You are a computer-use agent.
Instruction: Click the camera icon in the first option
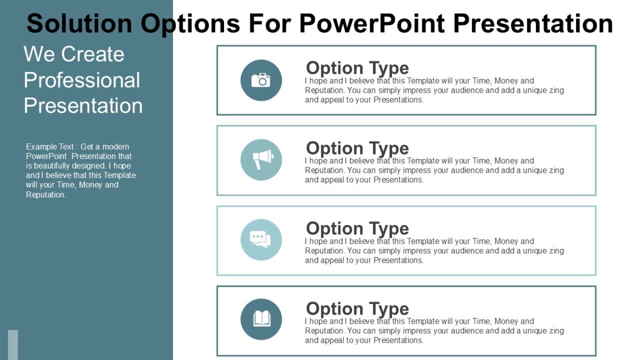click(261, 80)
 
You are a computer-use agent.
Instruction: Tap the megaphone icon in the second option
click(261, 159)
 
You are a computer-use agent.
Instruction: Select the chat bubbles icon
click(261, 239)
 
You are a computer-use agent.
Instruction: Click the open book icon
click(261, 319)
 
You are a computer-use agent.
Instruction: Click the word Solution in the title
click(79, 23)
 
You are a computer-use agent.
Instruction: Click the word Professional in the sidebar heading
click(82, 80)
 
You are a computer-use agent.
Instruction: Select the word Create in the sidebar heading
click(92, 54)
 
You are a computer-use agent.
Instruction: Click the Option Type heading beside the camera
click(357, 68)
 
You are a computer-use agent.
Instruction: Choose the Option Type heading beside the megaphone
click(357, 148)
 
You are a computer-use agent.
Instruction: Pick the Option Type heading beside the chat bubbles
click(357, 228)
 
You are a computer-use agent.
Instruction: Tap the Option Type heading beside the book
click(357, 308)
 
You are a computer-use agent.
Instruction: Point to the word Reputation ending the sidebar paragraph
click(45, 195)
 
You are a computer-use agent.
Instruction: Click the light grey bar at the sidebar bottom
click(13, 345)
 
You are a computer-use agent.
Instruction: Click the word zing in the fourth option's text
click(555, 331)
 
